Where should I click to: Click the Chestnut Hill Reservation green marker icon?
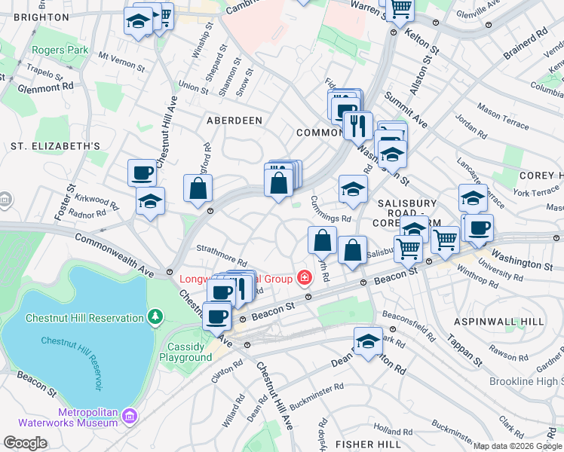point(155,317)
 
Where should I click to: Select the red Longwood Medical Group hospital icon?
point(304,279)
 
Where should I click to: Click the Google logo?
point(25,443)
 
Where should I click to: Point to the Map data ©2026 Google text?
point(516,446)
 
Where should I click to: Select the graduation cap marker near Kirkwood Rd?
point(150,201)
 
